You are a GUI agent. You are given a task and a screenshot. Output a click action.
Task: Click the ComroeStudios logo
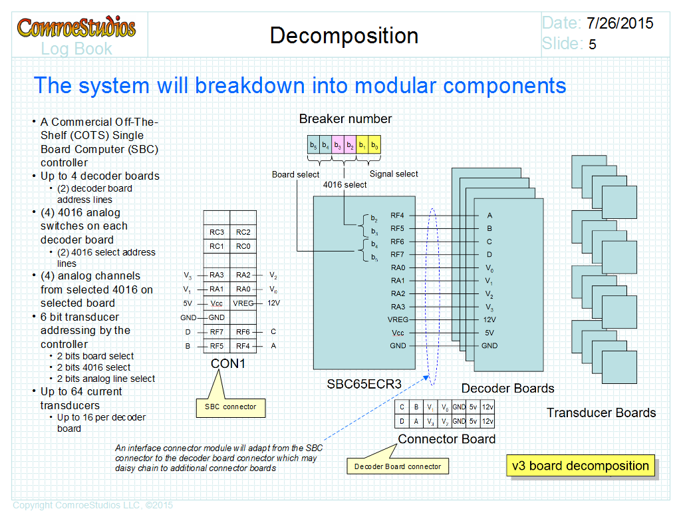click(x=76, y=27)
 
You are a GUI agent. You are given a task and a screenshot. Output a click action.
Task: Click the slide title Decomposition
click(x=344, y=36)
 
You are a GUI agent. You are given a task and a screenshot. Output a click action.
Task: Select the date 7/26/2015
click(x=620, y=23)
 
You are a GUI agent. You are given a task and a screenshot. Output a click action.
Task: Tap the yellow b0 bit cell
click(x=374, y=144)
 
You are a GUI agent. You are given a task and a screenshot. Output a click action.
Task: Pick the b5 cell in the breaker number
click(x=313, y=144)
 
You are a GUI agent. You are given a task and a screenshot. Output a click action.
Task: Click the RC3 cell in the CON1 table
click(x=217, y=232)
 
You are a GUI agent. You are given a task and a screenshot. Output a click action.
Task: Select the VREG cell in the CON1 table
click(x=243, y=303)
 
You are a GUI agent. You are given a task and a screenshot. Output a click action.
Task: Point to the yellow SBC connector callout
click(x=231, y=407)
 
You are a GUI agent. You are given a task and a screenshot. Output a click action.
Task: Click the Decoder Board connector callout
click(x=398, y=466)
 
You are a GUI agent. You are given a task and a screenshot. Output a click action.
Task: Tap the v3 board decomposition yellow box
click(x=580, y=466)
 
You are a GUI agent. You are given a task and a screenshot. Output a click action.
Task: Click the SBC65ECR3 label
click(x=364, y=384)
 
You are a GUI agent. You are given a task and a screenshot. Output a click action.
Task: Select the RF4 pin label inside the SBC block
click(x=397, y=216)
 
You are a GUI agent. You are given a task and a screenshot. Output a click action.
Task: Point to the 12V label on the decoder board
click(x=489, y=320)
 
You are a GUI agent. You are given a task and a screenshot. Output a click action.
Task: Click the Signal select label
click(x=394, y=174)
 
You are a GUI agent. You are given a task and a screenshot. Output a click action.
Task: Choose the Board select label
click(x=295, y=174)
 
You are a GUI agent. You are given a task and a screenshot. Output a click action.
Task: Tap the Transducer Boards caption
click(x=601, y=413)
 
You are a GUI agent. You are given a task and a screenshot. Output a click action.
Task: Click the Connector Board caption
click(x=447, y=439)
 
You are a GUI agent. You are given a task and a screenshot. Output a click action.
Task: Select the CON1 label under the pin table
click(x=228, y=363)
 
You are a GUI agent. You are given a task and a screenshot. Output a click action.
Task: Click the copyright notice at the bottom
click(x=92, y=505)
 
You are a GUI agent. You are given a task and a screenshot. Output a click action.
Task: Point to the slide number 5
click(x=593, y=45)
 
